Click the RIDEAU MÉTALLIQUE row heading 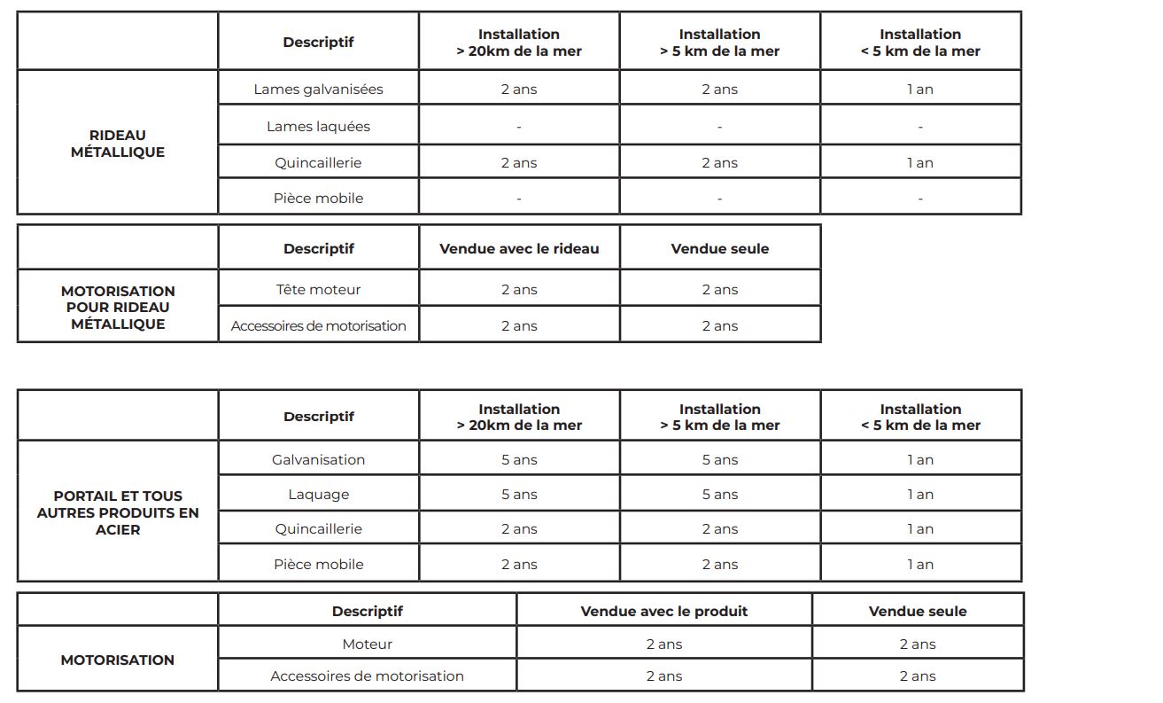pos(118,144)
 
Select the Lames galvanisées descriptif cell pos(318,90)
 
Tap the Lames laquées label pos(318,127)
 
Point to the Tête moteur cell pos(318,290)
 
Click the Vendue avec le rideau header pos(519,249)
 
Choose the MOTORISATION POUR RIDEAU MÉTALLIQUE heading pos(118,308)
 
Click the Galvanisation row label pos(318,460)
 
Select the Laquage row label pos(318,495)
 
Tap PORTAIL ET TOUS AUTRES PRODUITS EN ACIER pos(118,512)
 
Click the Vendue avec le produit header pos(664,612)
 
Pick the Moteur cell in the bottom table pos(367,644)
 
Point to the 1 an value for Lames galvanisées pos(920,90)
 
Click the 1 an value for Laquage pos(920,495)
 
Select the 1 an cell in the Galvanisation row pos(920,460)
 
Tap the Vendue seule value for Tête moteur pos(720,290)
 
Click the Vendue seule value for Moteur pos(918,644)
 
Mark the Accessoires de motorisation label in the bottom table pos(367,676)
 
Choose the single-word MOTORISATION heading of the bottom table pos(118,660)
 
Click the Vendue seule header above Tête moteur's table pos(720,249)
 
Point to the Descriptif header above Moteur pos(367,612)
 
